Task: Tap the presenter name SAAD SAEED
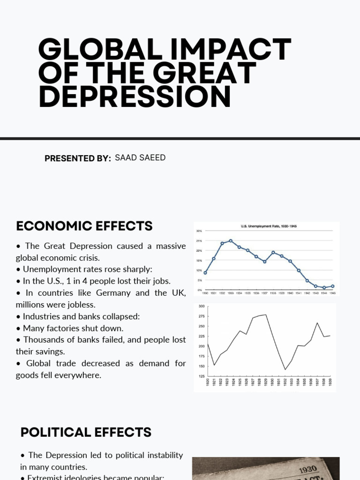pos(140,157)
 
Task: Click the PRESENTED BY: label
pos(78,158)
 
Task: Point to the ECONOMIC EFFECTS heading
pos(84,226)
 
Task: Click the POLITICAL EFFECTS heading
pos(86,432)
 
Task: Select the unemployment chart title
pos(269,226)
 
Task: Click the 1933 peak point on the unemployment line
pos(231,241)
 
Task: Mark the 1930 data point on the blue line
pos(205,272)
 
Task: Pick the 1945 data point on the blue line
pos(333,286)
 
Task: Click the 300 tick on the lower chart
pos(202,307)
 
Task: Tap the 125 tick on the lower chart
pos(202,376)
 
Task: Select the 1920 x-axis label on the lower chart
pos(208,382)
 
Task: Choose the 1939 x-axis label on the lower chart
pos(330,382)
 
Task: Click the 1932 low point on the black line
pos(285,369)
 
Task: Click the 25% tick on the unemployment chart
pos(199,241)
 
